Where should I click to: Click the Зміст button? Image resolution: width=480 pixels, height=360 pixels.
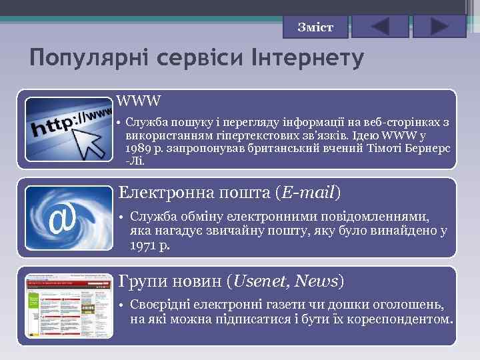pyautogui.click(x=316, y=27)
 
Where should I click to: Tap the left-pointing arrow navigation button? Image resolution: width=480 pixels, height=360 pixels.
pyautogui.click(x=379, y=27)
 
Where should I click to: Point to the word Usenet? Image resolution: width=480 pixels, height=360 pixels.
pyautogui.click(x=260, y=281)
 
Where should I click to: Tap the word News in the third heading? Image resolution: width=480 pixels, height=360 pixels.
pyautogui.click(x=317, y=281)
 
